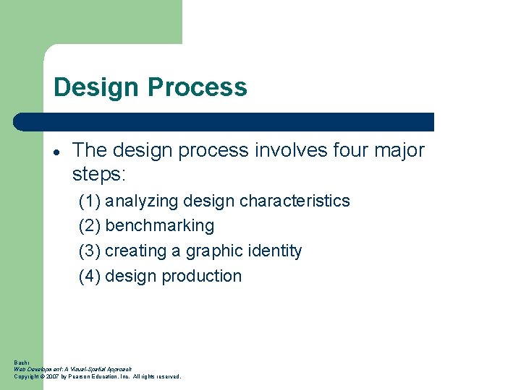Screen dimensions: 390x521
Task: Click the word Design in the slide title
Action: point(97,87)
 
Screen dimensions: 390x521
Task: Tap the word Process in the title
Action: point(197,87)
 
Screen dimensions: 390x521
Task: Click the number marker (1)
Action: point(90,201)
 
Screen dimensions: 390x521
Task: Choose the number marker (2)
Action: point(90,226)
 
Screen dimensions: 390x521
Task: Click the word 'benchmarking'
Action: point(160,226)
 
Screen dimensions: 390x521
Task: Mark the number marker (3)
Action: point(90,251)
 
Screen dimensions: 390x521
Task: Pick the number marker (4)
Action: point(90,277)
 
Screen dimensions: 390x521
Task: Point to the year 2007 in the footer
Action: point(52,376)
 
